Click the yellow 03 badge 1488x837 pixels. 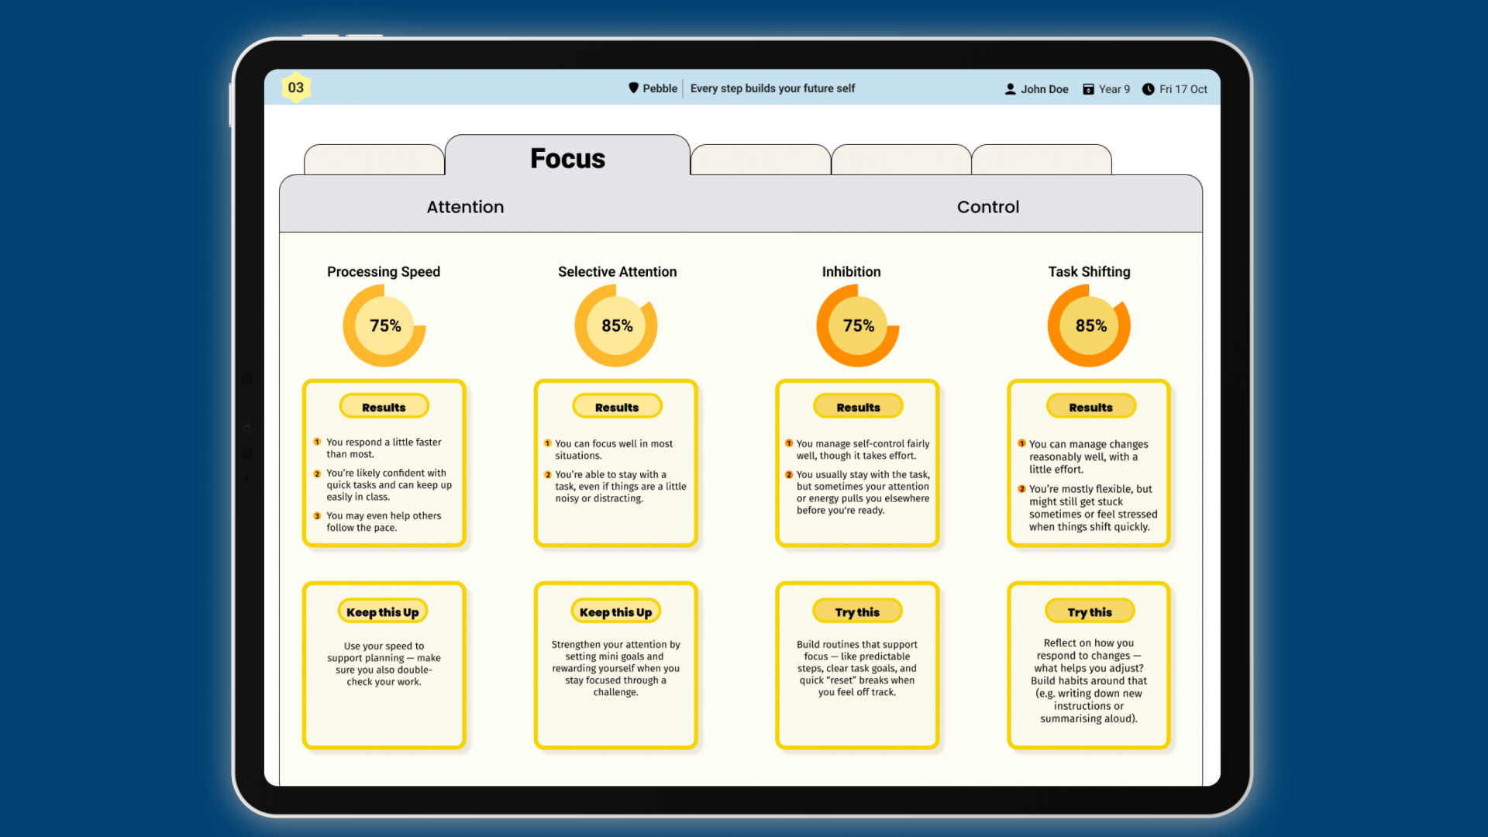(295, 88)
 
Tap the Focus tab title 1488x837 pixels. (567, 158)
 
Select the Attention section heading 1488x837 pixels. (465, 207)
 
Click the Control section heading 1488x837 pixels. (987, 207)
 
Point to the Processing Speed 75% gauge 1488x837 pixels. (384, 325)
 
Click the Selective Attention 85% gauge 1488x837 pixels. (616, 325)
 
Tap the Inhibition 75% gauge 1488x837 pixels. (858, 325)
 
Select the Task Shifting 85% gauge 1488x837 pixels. (1090, 325)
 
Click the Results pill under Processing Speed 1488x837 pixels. (384, 407)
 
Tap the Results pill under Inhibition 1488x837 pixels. (858, 407)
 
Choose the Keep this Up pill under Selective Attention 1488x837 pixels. (615, 611)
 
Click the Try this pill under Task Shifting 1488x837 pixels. (1090, 611)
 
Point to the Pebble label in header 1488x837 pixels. (660, 88)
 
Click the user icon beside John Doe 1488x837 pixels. (1010, 89)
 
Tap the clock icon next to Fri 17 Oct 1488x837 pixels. (1148, 89)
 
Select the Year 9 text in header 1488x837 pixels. (1114, 89)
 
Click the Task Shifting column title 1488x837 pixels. (1089, 271)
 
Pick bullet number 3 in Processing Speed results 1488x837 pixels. (317, 516)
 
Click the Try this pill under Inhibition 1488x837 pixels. (857, 611)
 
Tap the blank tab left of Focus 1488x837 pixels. (374, 160)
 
